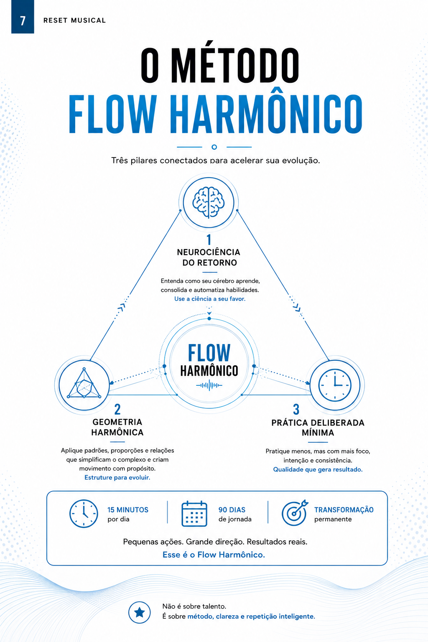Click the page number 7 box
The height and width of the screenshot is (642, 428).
click(x=23, y=17)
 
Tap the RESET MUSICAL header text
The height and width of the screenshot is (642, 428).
click(x=74, y=20)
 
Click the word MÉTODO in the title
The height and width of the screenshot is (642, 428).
click(x=237, y=65)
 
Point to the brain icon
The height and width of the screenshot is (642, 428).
click(x=209, y=202)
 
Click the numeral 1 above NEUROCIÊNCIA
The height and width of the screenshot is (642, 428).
click(x=209, y=239)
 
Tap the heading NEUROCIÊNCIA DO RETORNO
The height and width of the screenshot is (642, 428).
click(x=209, y=257)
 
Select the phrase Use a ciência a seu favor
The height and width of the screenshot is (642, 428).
click(x=210, y=299)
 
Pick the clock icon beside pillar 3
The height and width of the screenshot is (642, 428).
click(x=335, y=385)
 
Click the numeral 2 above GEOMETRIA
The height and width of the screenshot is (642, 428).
click(x=117, y=409)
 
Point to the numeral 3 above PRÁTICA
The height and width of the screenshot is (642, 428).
click(x=296, y=410)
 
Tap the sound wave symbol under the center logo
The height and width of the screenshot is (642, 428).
click(x=209, y=385)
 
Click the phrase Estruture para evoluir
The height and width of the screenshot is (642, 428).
click(x=117, y=477)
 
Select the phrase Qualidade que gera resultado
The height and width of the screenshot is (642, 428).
click(x=318, y=469)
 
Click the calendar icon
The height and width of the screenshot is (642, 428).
click(x=194, y=514)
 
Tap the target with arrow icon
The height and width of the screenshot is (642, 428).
click(x=294, y=513)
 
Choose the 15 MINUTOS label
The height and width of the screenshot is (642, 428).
click(x=128, y=510)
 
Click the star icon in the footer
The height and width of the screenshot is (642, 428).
click(x=139, y=612)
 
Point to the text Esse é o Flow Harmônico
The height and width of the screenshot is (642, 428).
click(x=214, y=555)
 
